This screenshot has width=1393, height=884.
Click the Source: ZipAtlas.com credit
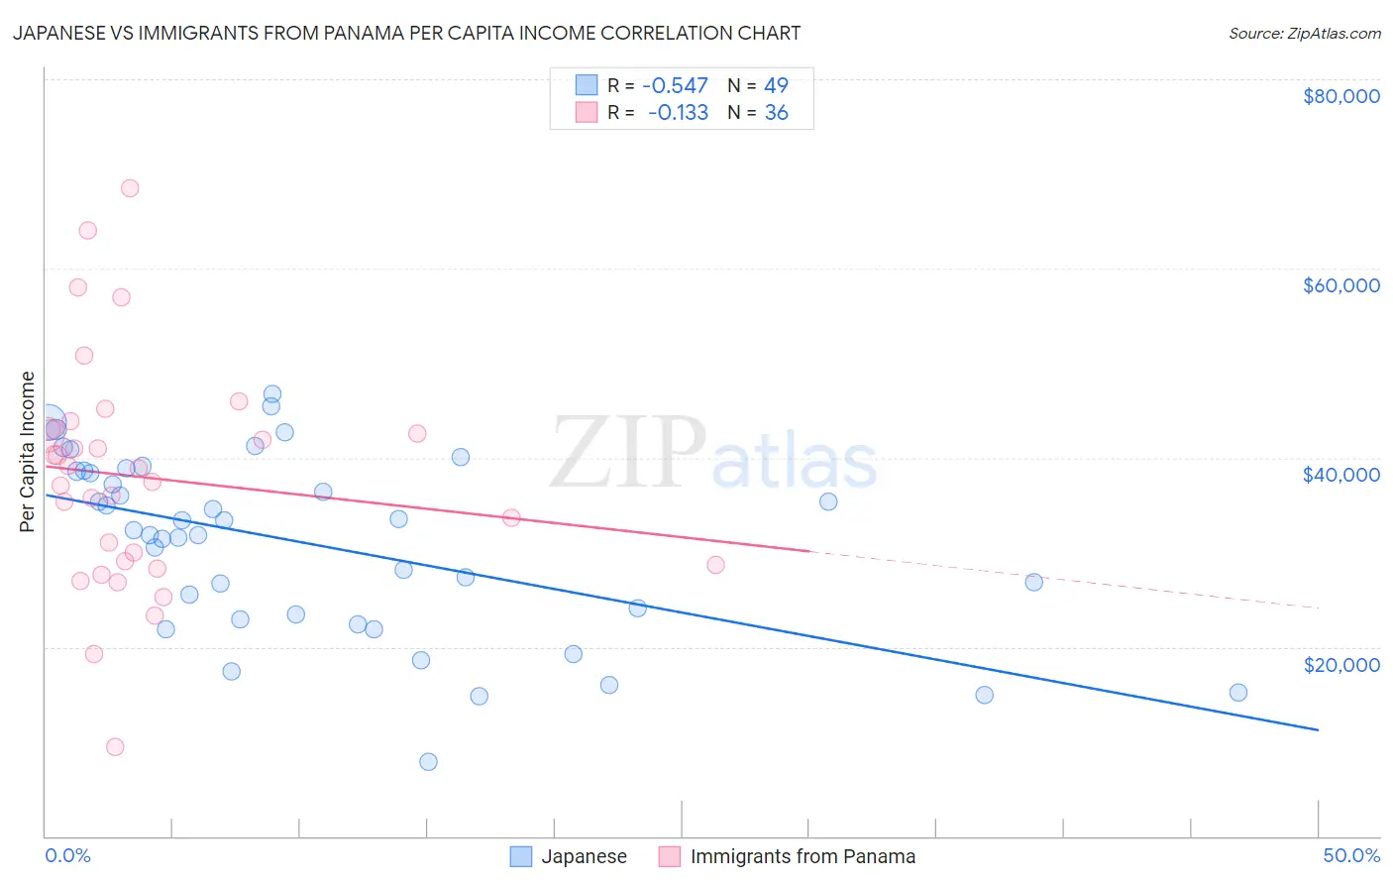tap(1304, 34)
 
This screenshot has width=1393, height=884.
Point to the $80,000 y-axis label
tap(1340, 96)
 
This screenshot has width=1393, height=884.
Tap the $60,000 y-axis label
tap(1340, 285)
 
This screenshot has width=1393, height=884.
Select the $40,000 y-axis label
tap(1340, 475)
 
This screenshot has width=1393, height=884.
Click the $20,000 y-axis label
tap(1340, 664)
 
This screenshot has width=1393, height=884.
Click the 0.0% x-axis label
tap(67, 855)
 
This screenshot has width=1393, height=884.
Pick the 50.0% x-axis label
tap(1351, 855)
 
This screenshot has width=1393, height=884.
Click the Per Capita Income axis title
tap(28, 451)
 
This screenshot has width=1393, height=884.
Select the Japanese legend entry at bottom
tap(584, 856)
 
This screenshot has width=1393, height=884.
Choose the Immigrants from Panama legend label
tap(803, 856)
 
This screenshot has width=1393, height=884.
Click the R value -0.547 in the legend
tap(675, 86)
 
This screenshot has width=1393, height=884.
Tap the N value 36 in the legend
tap(776, 113)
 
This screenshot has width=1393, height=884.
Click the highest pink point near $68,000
tap(130, 188)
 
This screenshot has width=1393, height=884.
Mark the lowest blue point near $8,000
tap(428, 761)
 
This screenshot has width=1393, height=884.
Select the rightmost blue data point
tap(1237, 693)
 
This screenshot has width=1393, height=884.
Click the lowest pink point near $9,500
tap(115, 747)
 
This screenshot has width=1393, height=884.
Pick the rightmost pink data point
tap(715, 565)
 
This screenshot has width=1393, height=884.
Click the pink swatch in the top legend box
tap(587, 113)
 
